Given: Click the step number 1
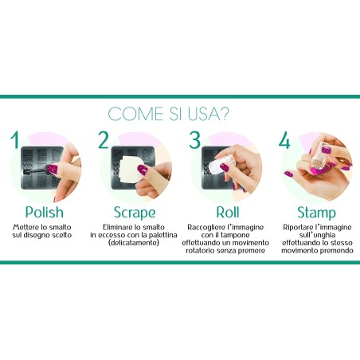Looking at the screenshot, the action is pyautogui.click(x=15, y=139).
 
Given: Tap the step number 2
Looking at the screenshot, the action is pyautogui.click(x=104, y=139).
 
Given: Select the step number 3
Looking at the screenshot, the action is pyautogui.click(x=195, y=139).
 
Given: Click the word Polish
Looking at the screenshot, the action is pyautogui.click(x=45, y=213).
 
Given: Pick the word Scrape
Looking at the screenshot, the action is pyautogui.click(x=135, y=213).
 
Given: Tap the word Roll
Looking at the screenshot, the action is pyautogui.click(x=228, y=213).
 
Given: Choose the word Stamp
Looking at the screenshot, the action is pyautogui.click(x=316, y=213).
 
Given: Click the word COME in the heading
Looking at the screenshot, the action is pyautogui.click(x=135, y=114).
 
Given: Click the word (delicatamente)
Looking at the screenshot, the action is pyautogui.click(x=134, y=243).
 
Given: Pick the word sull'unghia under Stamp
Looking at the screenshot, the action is pyautogui.click(x=317, y=235).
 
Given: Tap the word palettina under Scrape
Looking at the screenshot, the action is pyautogui.click(x=162, y=235).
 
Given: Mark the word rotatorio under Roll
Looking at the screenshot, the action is pyautogui.click(x=200, y=250).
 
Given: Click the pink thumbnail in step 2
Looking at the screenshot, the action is pyautogui.click(x=143, y=169).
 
